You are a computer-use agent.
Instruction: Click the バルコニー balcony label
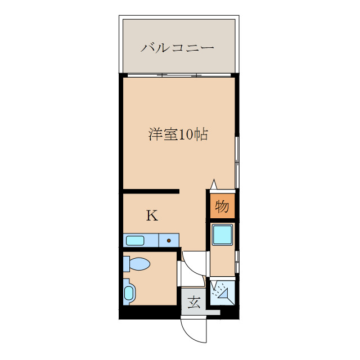[x=177, y=48]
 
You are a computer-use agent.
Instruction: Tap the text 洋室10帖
[x=178, y=135]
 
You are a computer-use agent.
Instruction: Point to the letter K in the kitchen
[x=152, y=215]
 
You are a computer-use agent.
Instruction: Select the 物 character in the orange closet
[x=222, y=206]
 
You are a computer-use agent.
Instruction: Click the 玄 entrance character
[x=194, y=303]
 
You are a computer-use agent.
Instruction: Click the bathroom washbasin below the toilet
[x=129, y=292]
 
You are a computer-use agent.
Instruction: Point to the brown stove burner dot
[x=168, y=241]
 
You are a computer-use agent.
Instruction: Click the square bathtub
[x=222, y=235]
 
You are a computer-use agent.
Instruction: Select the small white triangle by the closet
[x=213, y=184]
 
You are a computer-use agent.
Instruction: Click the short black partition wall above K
[x=151, y=191]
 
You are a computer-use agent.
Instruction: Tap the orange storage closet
[x=222, y=206]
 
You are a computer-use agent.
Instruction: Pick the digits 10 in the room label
[x=186, y=135]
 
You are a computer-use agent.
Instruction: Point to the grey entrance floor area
[x=194, y=303]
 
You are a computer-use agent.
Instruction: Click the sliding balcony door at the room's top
[x=178, y=75]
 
